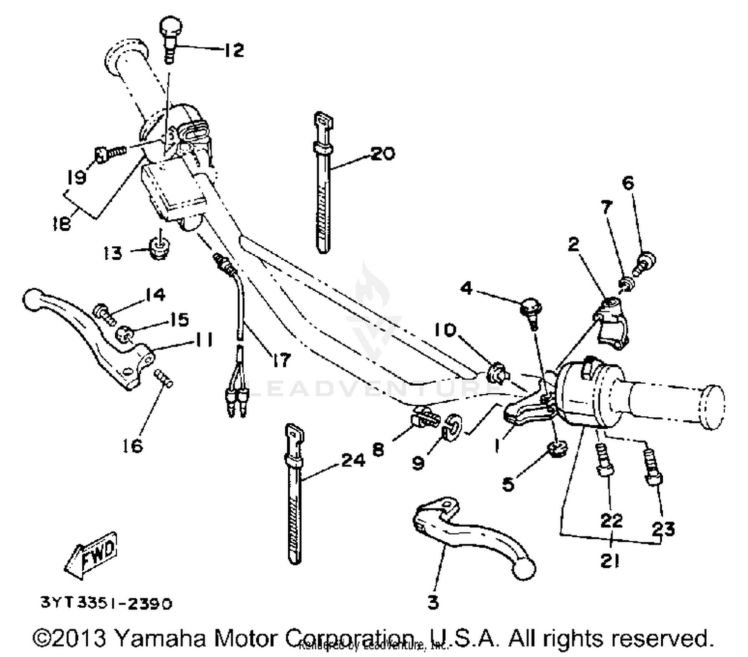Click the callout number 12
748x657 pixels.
[x=233, y=50]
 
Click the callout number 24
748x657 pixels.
[x=353, y=460]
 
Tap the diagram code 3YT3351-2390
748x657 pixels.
[x=106, y=603]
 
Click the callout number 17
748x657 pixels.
[x=281, y=359]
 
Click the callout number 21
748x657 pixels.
[x=609, y=561]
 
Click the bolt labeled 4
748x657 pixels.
[x=530, y=310]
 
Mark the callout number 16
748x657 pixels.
[x=133, y=446]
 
